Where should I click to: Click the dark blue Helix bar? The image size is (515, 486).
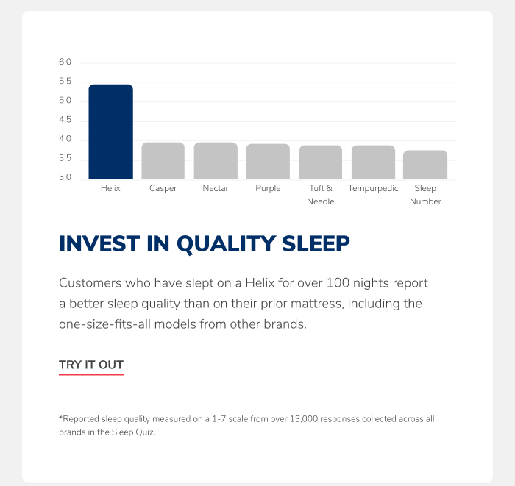coord(110,132)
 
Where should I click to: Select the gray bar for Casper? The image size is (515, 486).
coord(163,160)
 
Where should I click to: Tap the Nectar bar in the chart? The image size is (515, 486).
coord(216,160)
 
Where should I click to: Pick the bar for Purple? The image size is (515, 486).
coord(268,161)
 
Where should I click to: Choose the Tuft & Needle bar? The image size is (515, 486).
coord(321,162)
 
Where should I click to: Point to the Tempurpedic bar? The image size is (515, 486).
coord(373,162)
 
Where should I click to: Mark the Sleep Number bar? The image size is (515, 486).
coord(425,165)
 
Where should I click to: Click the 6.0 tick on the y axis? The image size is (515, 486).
coord(65,62)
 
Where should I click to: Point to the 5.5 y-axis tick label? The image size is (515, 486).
coord(65,81)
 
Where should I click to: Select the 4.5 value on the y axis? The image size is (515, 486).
coord(65,119)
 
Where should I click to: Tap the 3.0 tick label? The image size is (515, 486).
coord(65,177)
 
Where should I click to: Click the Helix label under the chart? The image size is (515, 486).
coord(110,188)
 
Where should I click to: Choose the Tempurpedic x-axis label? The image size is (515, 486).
coord(373,188)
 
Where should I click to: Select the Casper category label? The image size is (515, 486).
coord(163,188)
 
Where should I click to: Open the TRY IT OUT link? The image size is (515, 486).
coord(91,365)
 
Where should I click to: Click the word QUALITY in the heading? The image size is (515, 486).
coord(226,244)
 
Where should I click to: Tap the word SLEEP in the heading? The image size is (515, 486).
coord(316,243)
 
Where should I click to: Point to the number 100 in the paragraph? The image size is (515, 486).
coord(338,283)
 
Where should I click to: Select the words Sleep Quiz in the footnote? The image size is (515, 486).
coord(132,432)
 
